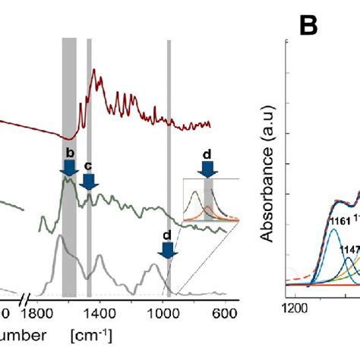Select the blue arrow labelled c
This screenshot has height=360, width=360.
tap(89, 180)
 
